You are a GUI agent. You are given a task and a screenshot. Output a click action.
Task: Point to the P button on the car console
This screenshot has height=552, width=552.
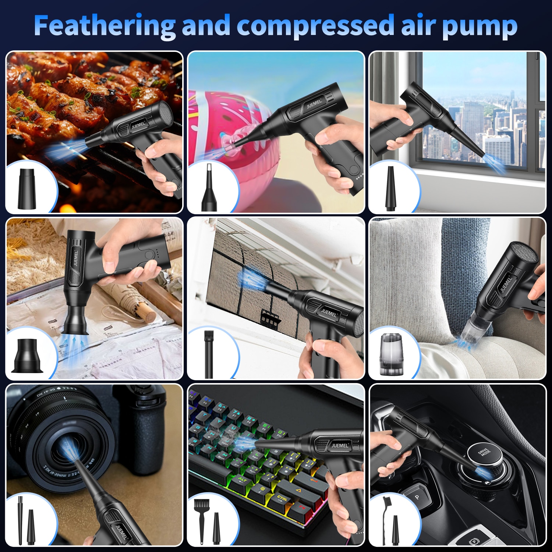417,498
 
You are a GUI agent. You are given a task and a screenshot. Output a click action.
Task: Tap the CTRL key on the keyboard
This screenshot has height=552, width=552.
282,498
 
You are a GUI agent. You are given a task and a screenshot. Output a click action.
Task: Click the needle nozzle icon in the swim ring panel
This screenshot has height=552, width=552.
209,188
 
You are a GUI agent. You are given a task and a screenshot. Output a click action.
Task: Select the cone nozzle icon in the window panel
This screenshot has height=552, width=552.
390,188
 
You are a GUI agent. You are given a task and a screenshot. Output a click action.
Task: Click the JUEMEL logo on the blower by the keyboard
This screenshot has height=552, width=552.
339,446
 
